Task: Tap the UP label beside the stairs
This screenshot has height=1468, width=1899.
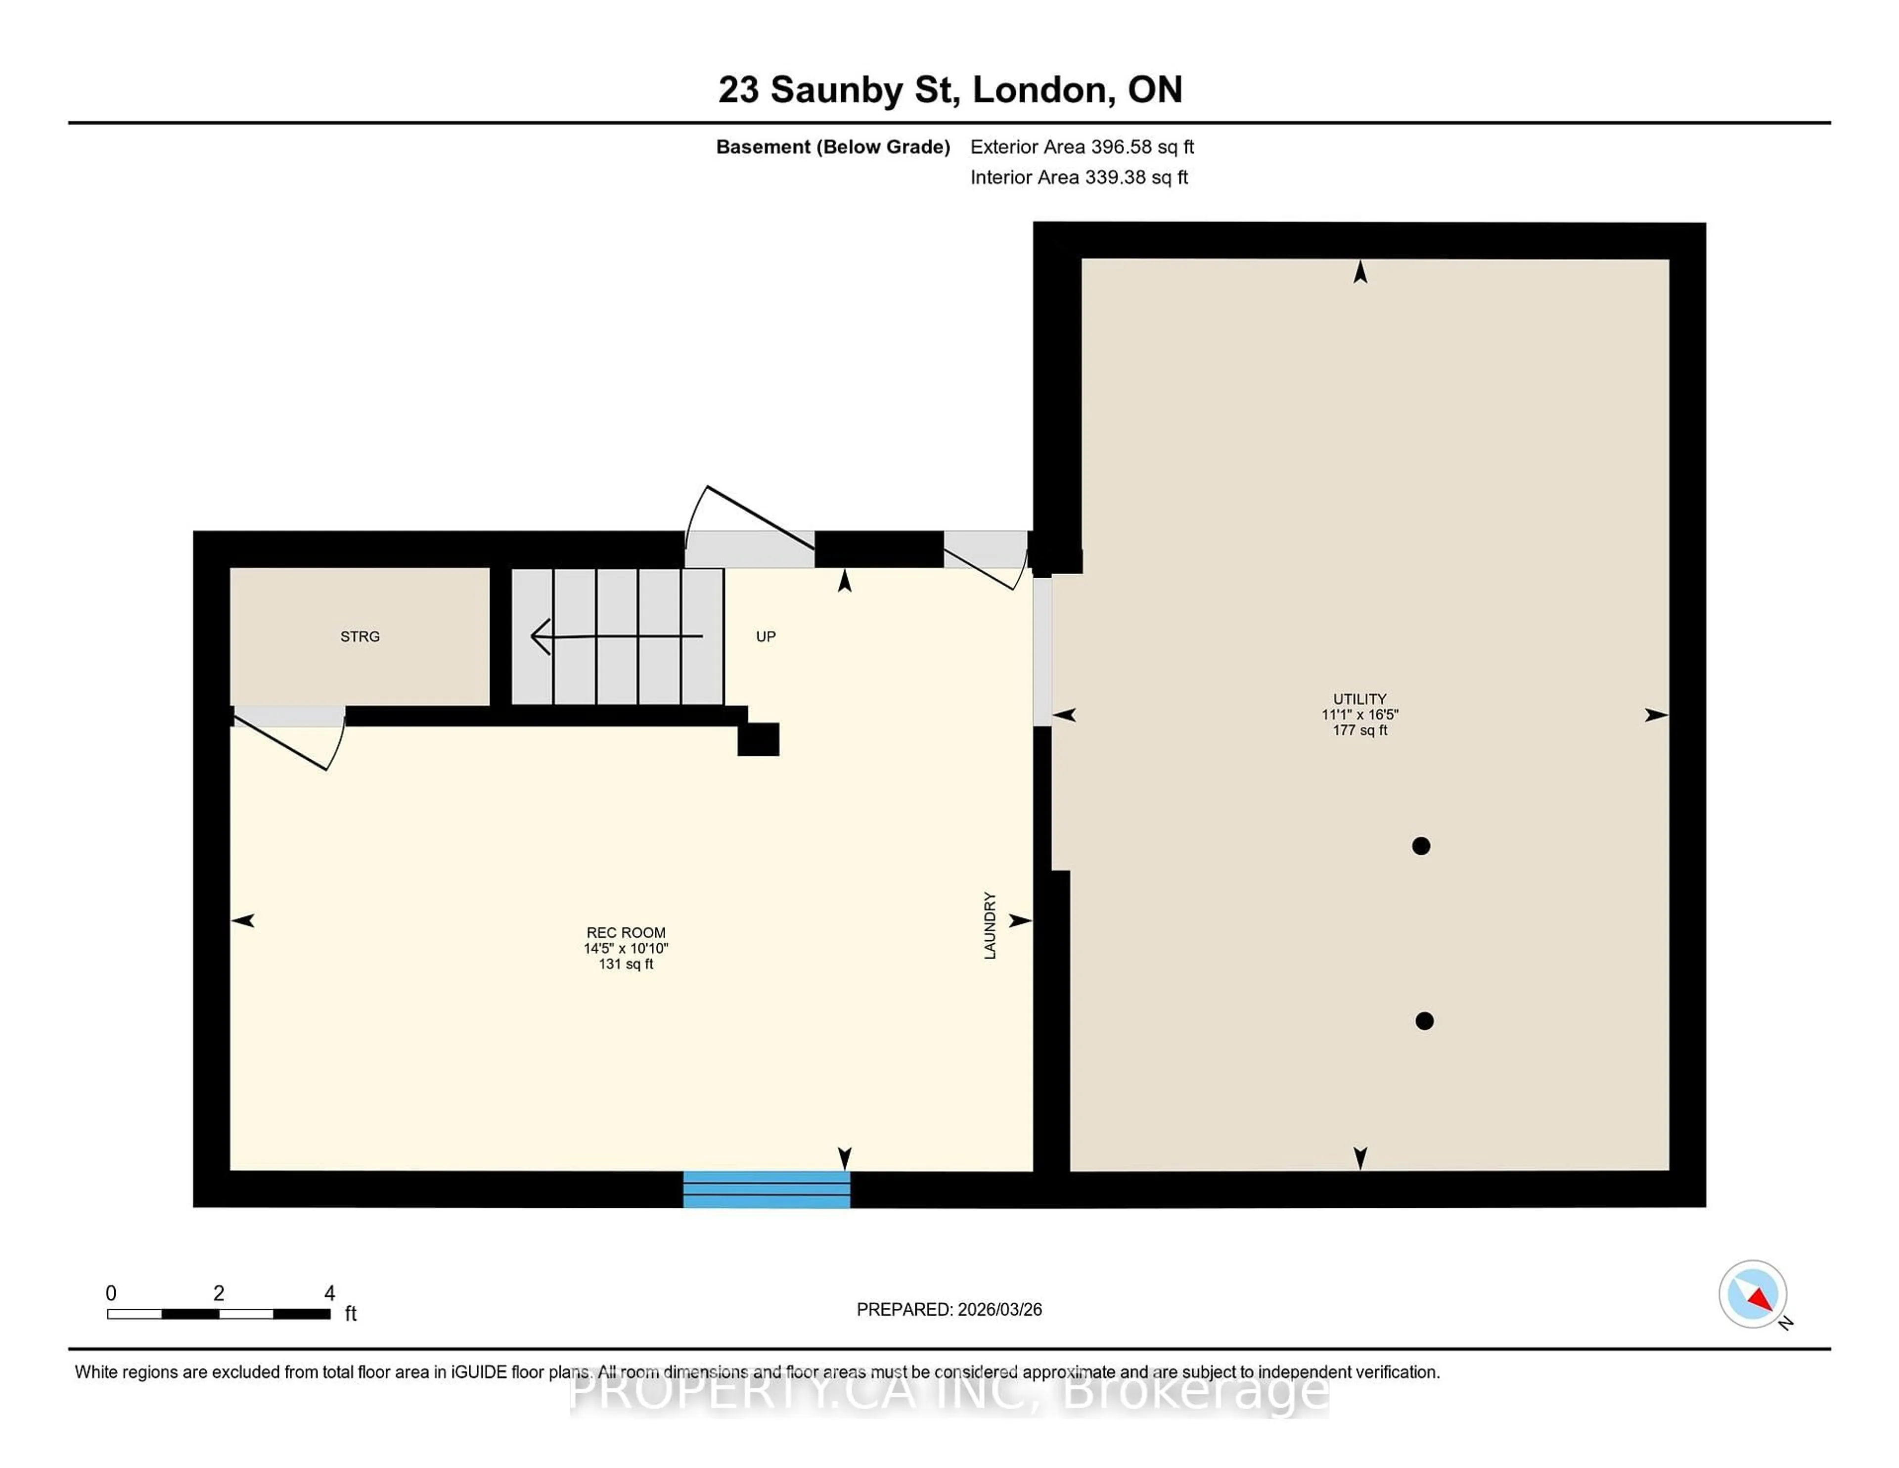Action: (765, 637)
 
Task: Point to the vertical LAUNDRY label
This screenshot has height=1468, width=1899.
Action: (990, 925)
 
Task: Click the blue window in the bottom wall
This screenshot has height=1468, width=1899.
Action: (766, 1189)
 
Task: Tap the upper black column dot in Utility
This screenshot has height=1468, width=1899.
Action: (1421, 845)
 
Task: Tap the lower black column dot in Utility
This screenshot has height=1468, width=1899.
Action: (1424, 1021)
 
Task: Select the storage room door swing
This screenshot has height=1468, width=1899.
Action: (296, 743)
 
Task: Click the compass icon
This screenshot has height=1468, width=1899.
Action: (1752, 1294)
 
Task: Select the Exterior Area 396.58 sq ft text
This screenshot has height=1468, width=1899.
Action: (1082, 147)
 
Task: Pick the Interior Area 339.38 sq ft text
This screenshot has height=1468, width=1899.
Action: (1078, 178)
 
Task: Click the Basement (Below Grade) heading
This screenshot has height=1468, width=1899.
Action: (832, 147)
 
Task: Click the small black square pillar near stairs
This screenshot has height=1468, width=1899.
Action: (758, 739)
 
